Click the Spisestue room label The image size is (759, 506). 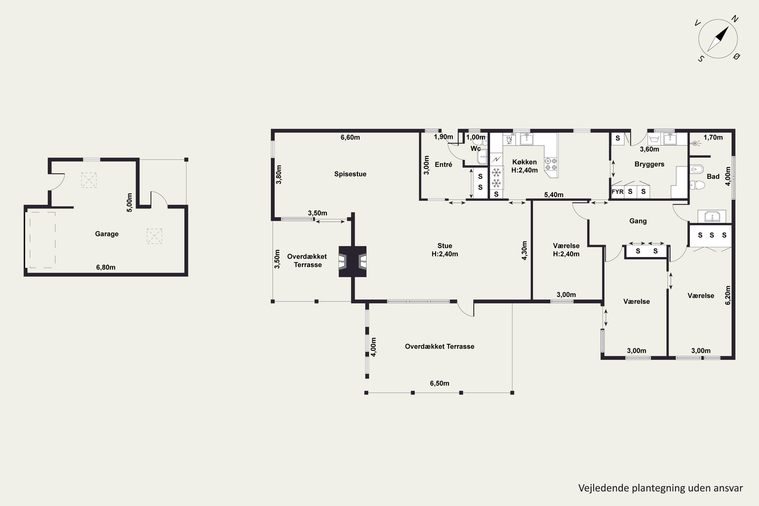click(350, 174)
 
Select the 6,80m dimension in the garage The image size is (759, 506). click(106, 267)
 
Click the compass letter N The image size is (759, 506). click(735, 19)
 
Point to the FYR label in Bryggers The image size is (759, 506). click(617, 192)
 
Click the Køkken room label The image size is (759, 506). click(524, 162)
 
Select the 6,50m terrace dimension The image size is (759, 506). click(439, 383)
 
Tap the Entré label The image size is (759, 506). click(444, 165)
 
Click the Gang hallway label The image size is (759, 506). click(638, 221)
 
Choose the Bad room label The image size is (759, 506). click(713, 177)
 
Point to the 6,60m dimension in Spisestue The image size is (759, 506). click(350, 137)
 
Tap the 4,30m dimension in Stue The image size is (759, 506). click(524, 250)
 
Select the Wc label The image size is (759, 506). click(476, 149)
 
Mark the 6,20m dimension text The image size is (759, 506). click(728, 295)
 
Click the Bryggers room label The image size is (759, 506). click(649, 164)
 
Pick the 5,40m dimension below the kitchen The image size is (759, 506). click(554, 195)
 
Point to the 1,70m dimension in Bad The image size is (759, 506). click(713, 137)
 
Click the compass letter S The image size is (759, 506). click(701, 59)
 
